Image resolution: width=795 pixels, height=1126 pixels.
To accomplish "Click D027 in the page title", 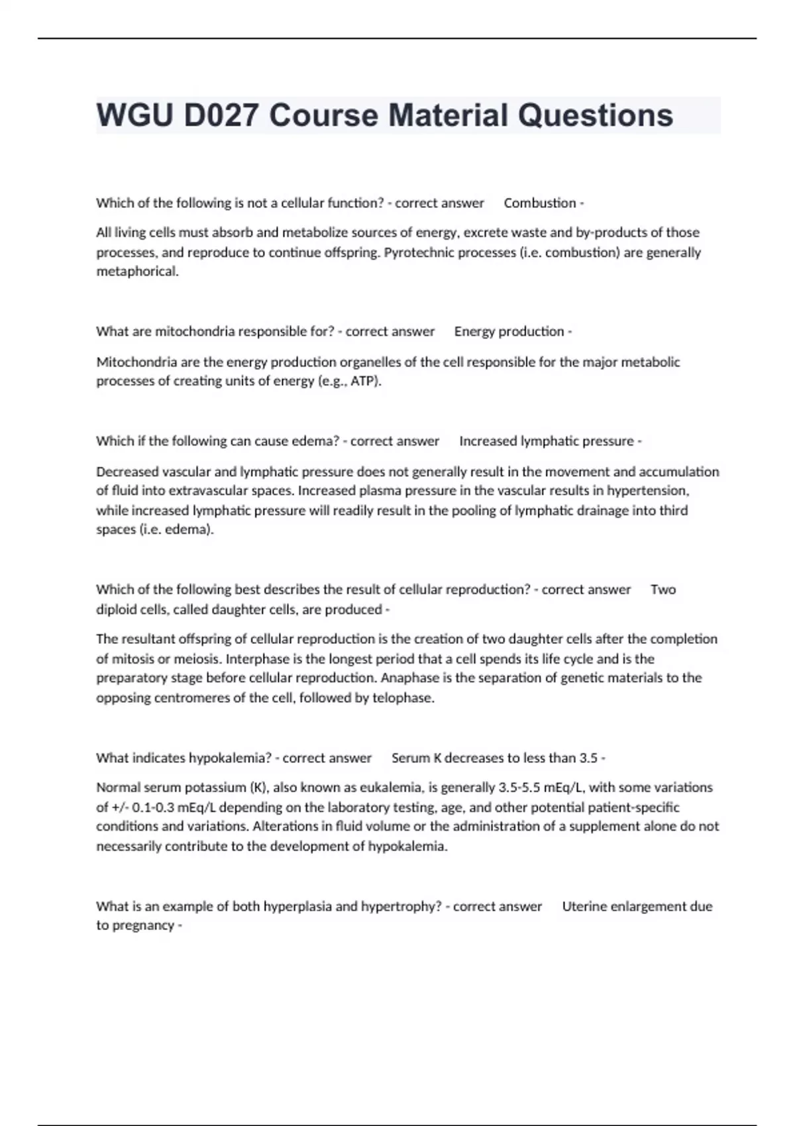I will pos(221,115).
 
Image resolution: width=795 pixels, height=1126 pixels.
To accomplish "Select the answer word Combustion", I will pos(539,203).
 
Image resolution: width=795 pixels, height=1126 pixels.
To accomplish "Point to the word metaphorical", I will pos(137,272).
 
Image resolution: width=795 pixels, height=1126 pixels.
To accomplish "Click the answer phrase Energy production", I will pos(509,331).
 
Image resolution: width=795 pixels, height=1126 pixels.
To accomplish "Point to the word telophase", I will pos(403,698).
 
